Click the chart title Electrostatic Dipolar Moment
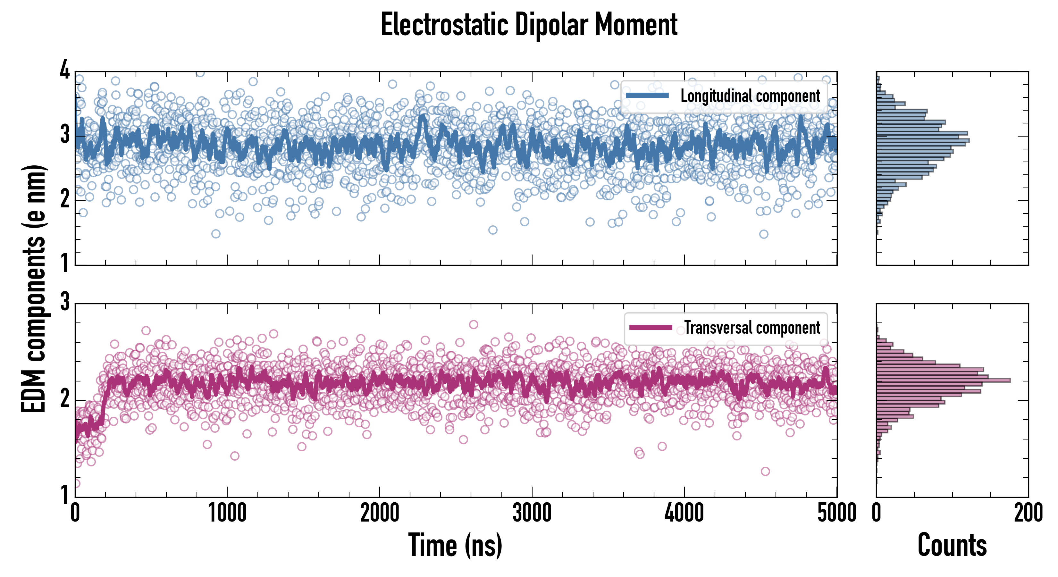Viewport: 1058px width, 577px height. pos(529,25)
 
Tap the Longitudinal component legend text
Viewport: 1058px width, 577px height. pos(750,96)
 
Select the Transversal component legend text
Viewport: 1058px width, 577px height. pos(752,328)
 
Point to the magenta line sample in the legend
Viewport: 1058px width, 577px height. pos(651,327)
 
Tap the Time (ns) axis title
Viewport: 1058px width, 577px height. pos(455,545)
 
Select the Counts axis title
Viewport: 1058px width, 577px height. pos(952,545)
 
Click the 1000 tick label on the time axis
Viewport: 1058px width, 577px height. pos(227,513)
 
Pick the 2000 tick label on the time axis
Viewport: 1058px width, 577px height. pos(380,513)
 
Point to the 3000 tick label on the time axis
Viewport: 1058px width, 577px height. pos(532,513)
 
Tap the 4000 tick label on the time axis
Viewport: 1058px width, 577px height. pos(684,513)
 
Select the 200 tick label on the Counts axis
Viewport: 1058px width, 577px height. pos(1028,513)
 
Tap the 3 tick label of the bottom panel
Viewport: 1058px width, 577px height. pos(65,302)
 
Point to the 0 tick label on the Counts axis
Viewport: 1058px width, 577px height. pos(877,513)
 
